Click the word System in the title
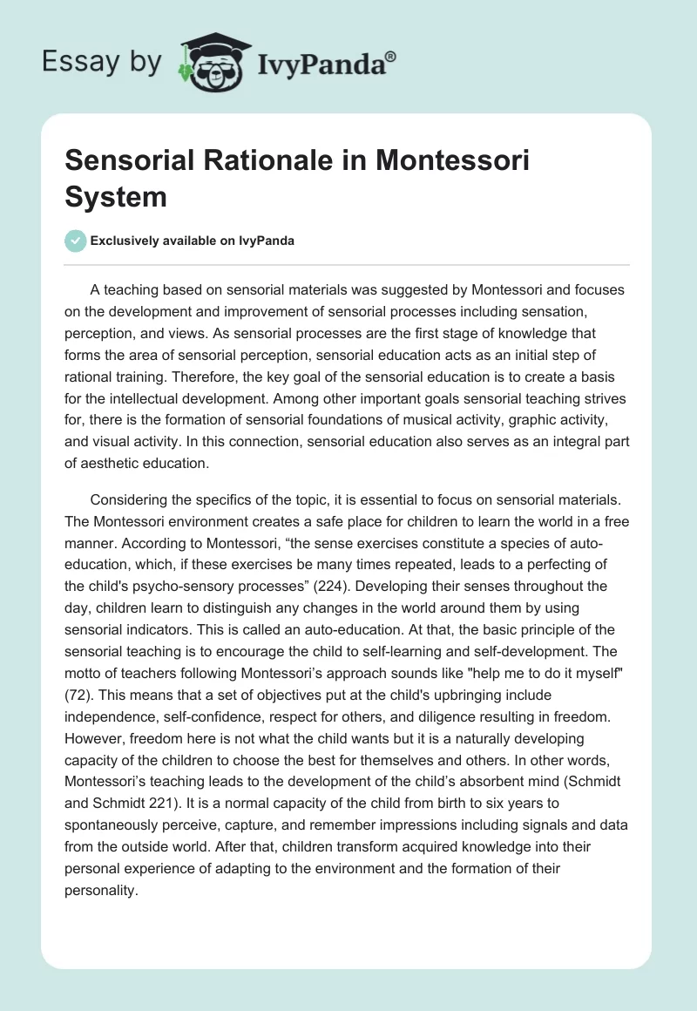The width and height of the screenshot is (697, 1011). (117, 196)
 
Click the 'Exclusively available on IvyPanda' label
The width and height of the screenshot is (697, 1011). (192, 241)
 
